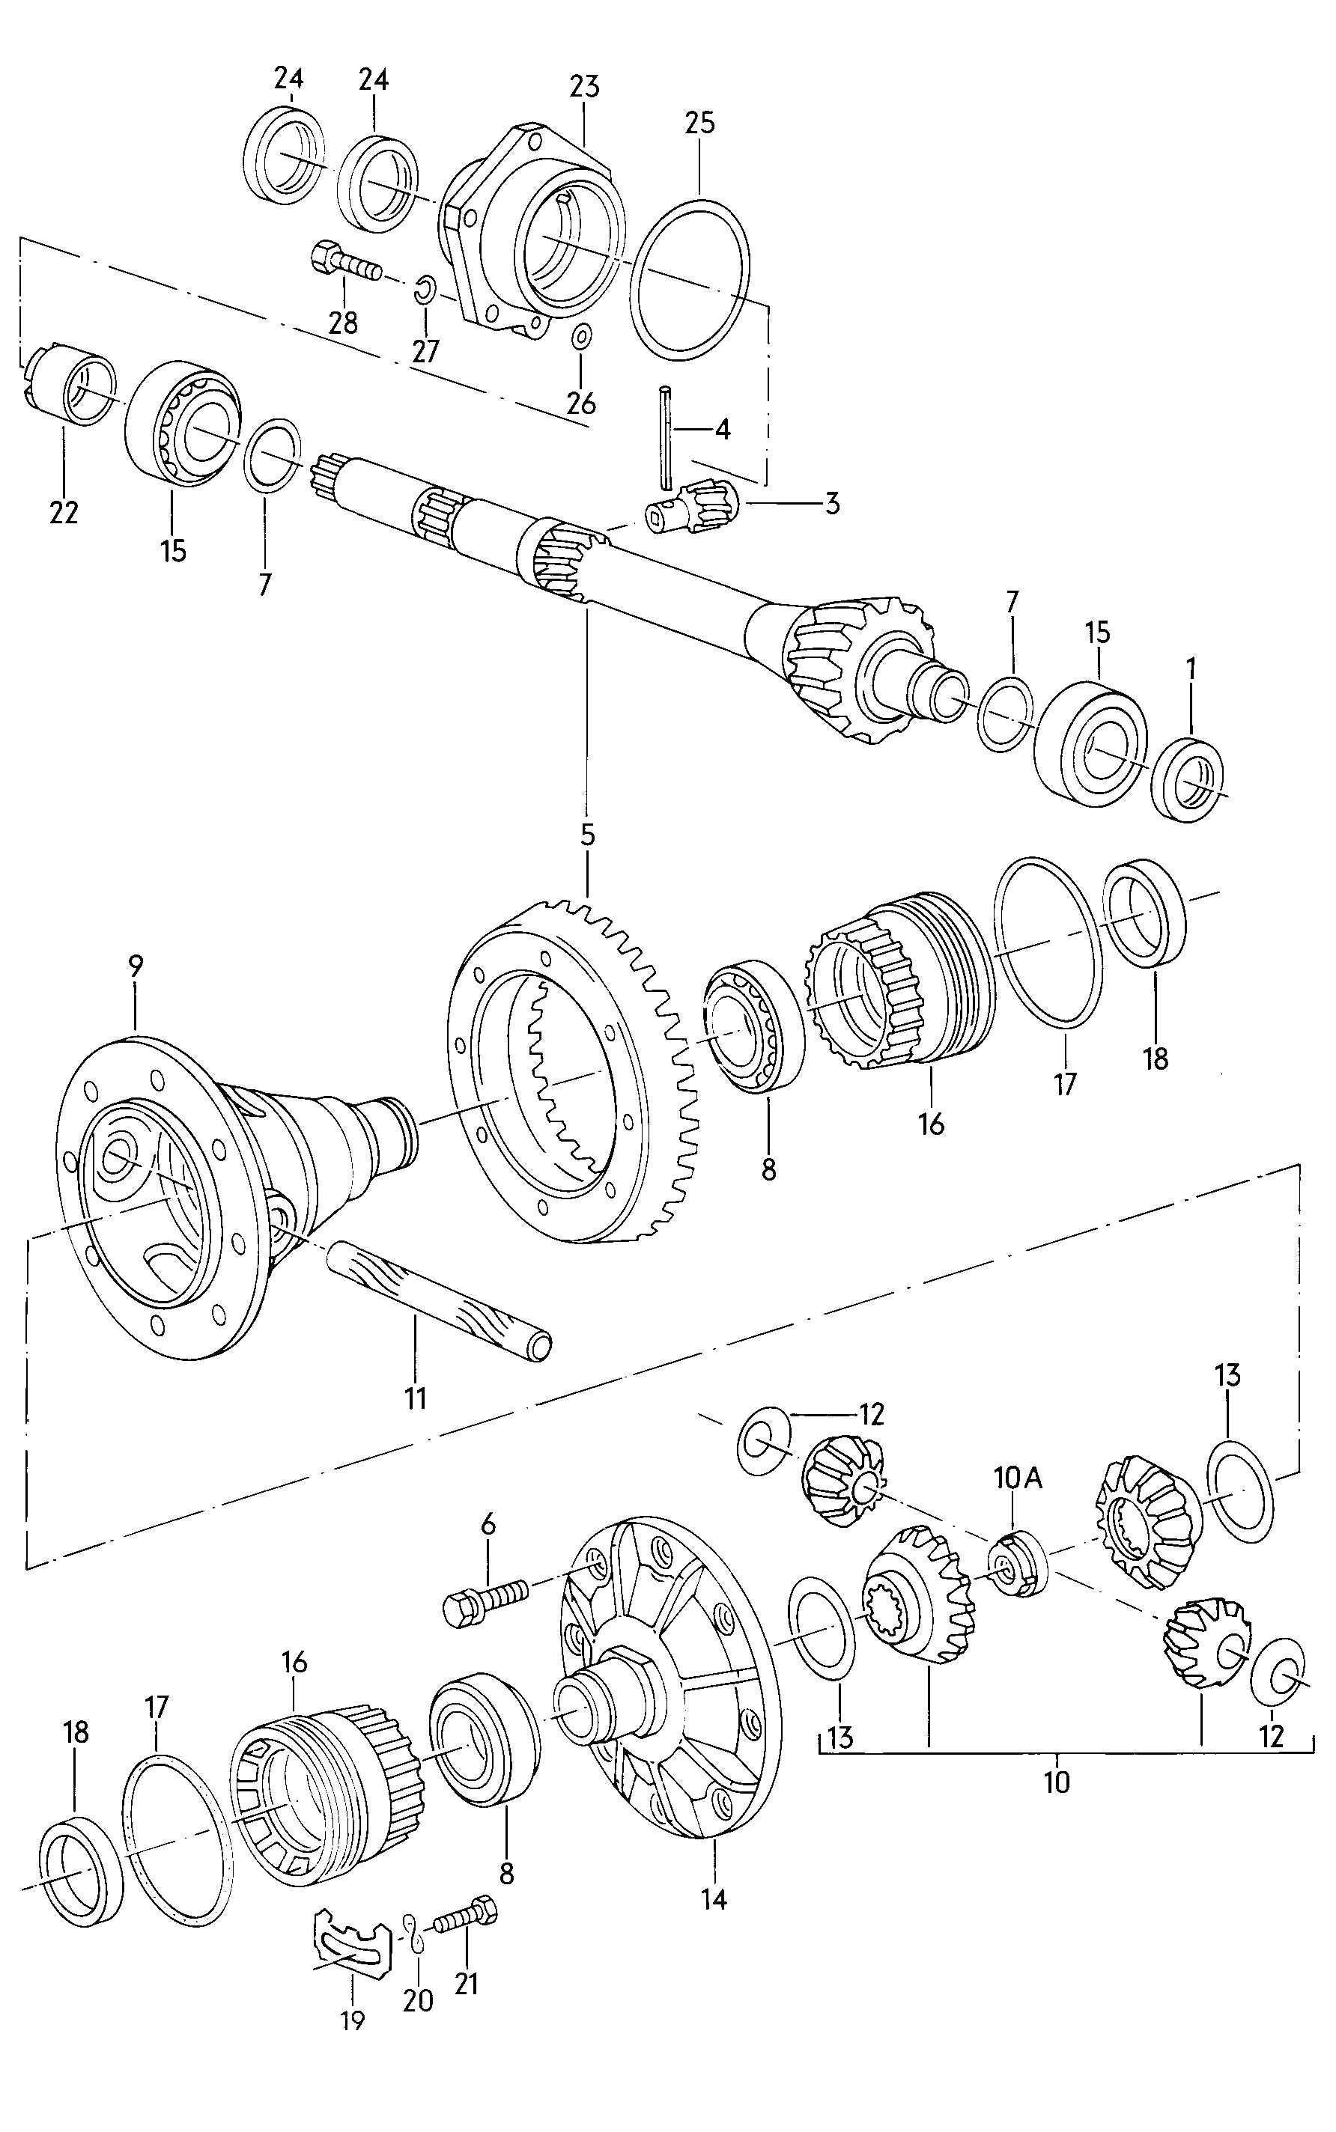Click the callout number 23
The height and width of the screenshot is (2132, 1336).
[584, 87]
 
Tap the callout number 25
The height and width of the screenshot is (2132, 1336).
[699, 123]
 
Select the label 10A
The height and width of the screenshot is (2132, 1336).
[1018, 1478]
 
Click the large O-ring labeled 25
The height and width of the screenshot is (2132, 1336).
[693, 279]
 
